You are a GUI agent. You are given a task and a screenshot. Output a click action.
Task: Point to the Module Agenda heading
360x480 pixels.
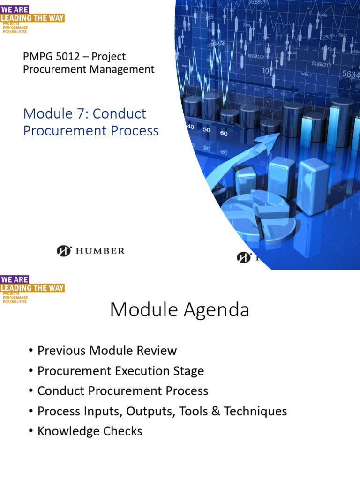click(180, 310)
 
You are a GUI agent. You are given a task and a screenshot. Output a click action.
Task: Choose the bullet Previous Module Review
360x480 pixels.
click(107, 351)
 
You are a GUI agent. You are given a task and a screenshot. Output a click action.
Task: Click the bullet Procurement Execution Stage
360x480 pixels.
click(120, 371)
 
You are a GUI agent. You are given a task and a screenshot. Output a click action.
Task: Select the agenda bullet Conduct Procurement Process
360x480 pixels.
click(122, 391)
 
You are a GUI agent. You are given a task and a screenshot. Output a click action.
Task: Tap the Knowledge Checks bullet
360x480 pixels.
click(90, 431)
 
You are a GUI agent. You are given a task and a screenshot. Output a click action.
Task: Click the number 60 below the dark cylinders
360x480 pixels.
click(224, 134)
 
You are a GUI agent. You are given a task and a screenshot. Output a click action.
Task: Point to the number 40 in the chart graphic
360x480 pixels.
click(191, 127)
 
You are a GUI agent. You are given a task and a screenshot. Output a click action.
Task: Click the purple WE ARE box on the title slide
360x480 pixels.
click(15, 9)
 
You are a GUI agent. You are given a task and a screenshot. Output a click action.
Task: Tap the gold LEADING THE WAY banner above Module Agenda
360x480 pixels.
click(32, 288)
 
